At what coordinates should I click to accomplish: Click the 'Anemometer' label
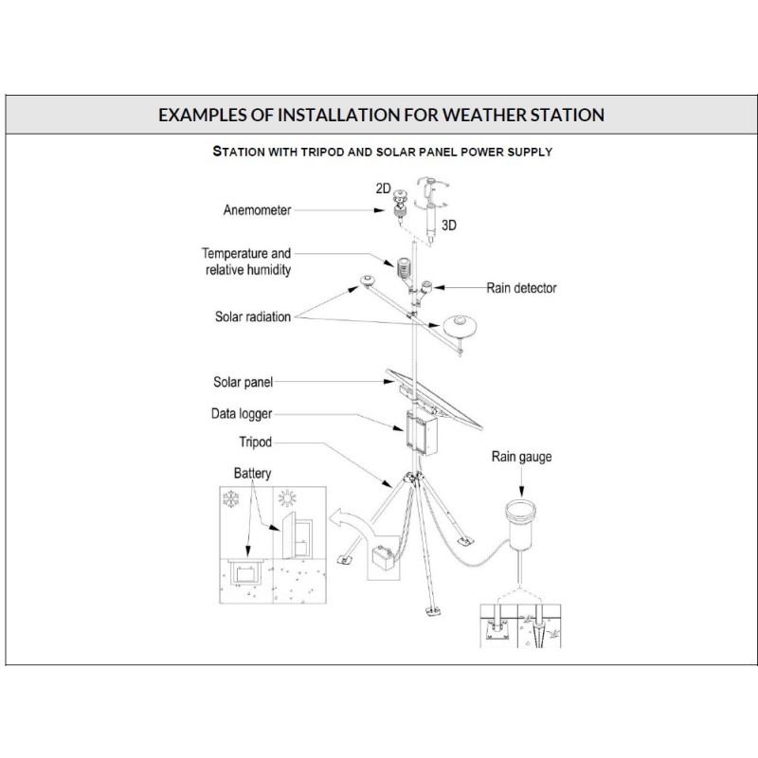click(x=257, y=210)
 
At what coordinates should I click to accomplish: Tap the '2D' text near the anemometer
click(x=383, y=188)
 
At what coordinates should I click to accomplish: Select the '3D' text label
click(x=448, y=226)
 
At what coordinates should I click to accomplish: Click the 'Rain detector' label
click(x=521, y=288)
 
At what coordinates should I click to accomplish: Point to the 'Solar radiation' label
click(x=253, y=316)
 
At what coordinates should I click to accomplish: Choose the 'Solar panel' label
click(x=244, y=382)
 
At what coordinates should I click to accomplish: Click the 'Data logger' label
click(x=242, y=414)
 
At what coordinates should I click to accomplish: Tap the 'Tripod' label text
click(x=255, y=442)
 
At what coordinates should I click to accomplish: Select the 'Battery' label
click(x=252, y=473)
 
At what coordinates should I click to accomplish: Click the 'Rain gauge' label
click(x=521, y=457)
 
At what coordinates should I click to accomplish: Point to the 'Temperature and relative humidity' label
click(x=246, y=262)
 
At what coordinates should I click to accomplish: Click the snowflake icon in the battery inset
click(x=230, y=499)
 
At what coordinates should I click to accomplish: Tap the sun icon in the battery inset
click(x=287, y=498)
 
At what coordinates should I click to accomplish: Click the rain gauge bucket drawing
click(x=520, y=525)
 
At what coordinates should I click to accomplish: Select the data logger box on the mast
click(x=422, y=433)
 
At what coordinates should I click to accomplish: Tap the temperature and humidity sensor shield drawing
click(x=404, y=267)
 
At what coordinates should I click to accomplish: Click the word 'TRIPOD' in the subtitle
click(x=322, y=152)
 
